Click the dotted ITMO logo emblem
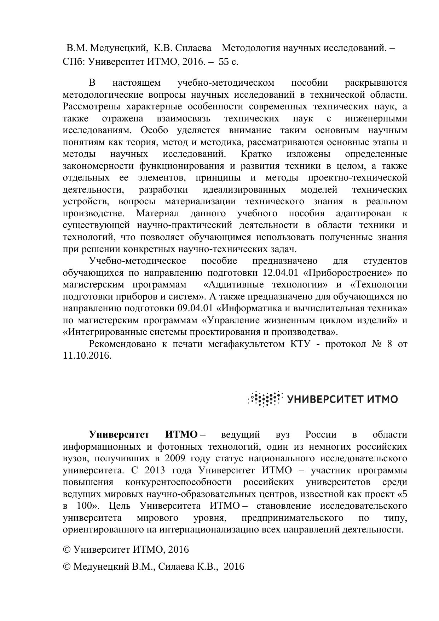click(x=266, y=399)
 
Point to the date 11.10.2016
click(x=87, y=356)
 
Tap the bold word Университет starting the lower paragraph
click(x=119, y=435)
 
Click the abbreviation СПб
click(x=73, y=62)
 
